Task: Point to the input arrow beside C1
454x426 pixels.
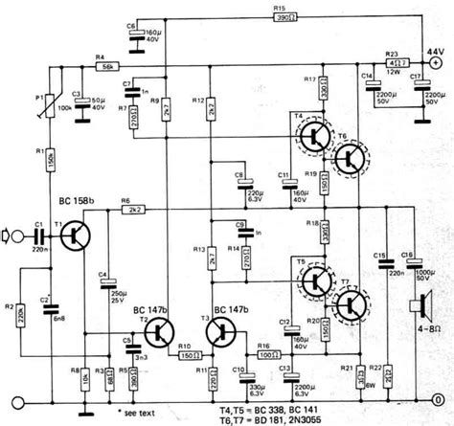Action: click(12, 235)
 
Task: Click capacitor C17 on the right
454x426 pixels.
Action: click(418, 91)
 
